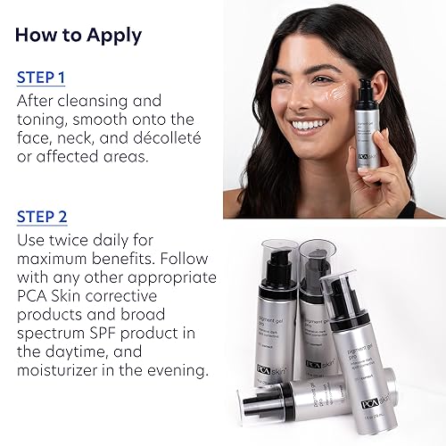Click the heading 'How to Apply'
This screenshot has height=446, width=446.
coord(78,37)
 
